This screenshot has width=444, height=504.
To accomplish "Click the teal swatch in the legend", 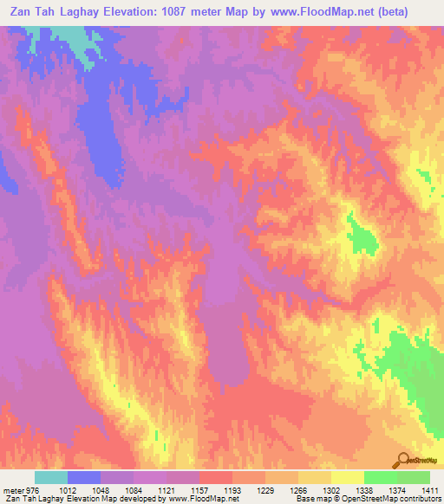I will (x=51, y=477).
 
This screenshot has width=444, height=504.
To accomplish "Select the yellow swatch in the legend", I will (x=347, y=477).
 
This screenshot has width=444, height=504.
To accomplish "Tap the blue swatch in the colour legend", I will (x=84, y=477).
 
